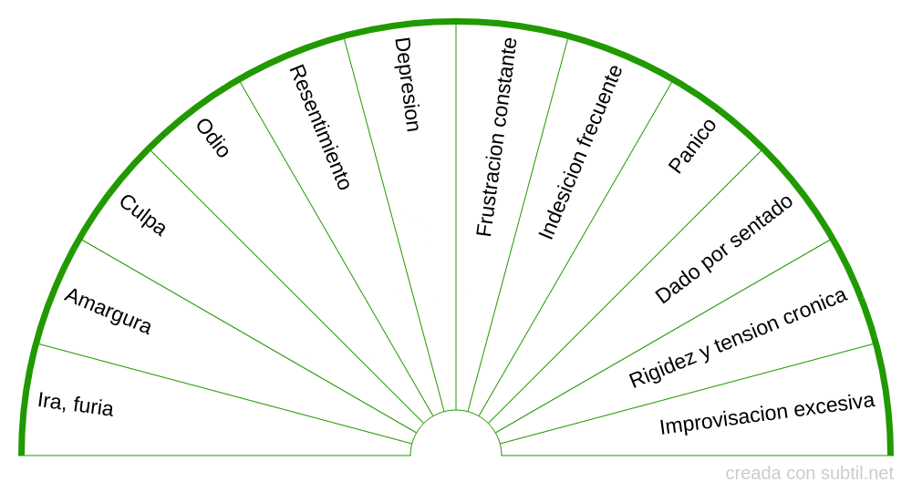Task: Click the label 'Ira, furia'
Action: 76,403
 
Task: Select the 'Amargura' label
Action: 108,312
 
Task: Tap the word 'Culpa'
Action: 143,216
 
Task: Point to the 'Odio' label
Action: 213,139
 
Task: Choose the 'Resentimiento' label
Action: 319,127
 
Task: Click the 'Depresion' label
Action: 407,85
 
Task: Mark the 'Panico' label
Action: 692,146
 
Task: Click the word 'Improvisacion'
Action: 723,420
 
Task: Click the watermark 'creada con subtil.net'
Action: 809,474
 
